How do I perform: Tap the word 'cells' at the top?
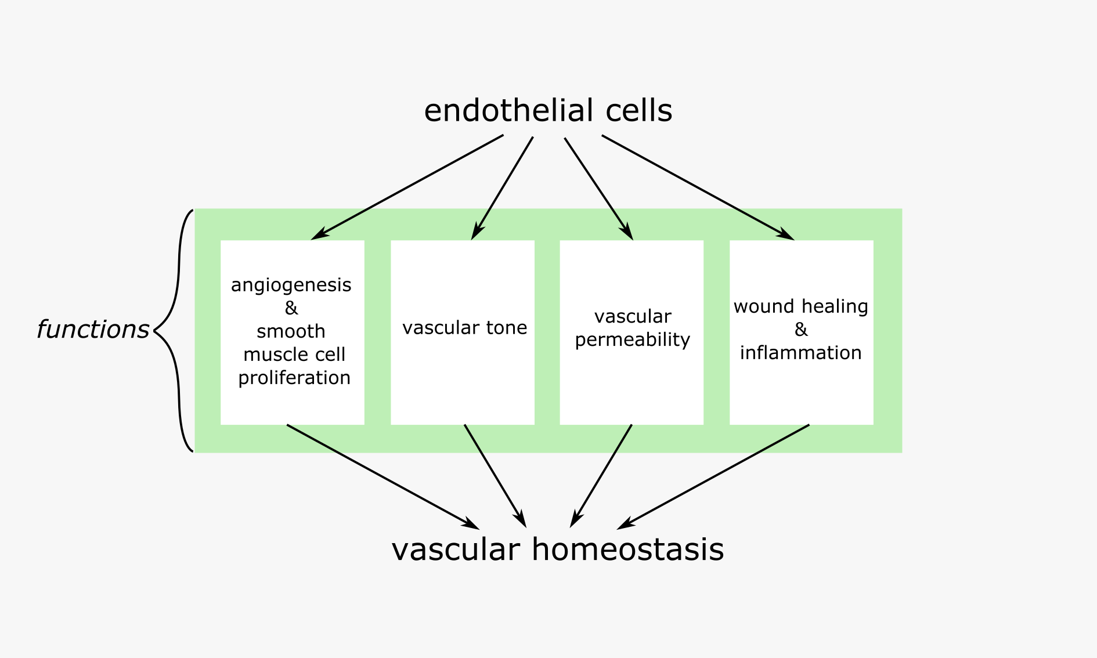pos(638,110)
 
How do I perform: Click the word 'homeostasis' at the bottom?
pos(627,549)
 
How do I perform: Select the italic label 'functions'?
pos(93,330)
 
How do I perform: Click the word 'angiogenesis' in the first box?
pos(291,285)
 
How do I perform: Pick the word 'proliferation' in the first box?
pos(294,378)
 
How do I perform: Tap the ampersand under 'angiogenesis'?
pos(291,308)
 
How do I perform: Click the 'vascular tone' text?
pos(464,328)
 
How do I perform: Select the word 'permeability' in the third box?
pos(632,340)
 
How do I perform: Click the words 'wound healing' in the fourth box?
pos(800,306)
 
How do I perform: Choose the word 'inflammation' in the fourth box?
pos(800,353)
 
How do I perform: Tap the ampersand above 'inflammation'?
pos(801,330)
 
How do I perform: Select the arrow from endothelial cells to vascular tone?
pos(503,187)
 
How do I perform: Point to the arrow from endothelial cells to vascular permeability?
pos(598,188)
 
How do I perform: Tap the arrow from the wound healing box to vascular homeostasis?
pos(714,476)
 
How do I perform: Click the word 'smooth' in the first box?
pos(291,331)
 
